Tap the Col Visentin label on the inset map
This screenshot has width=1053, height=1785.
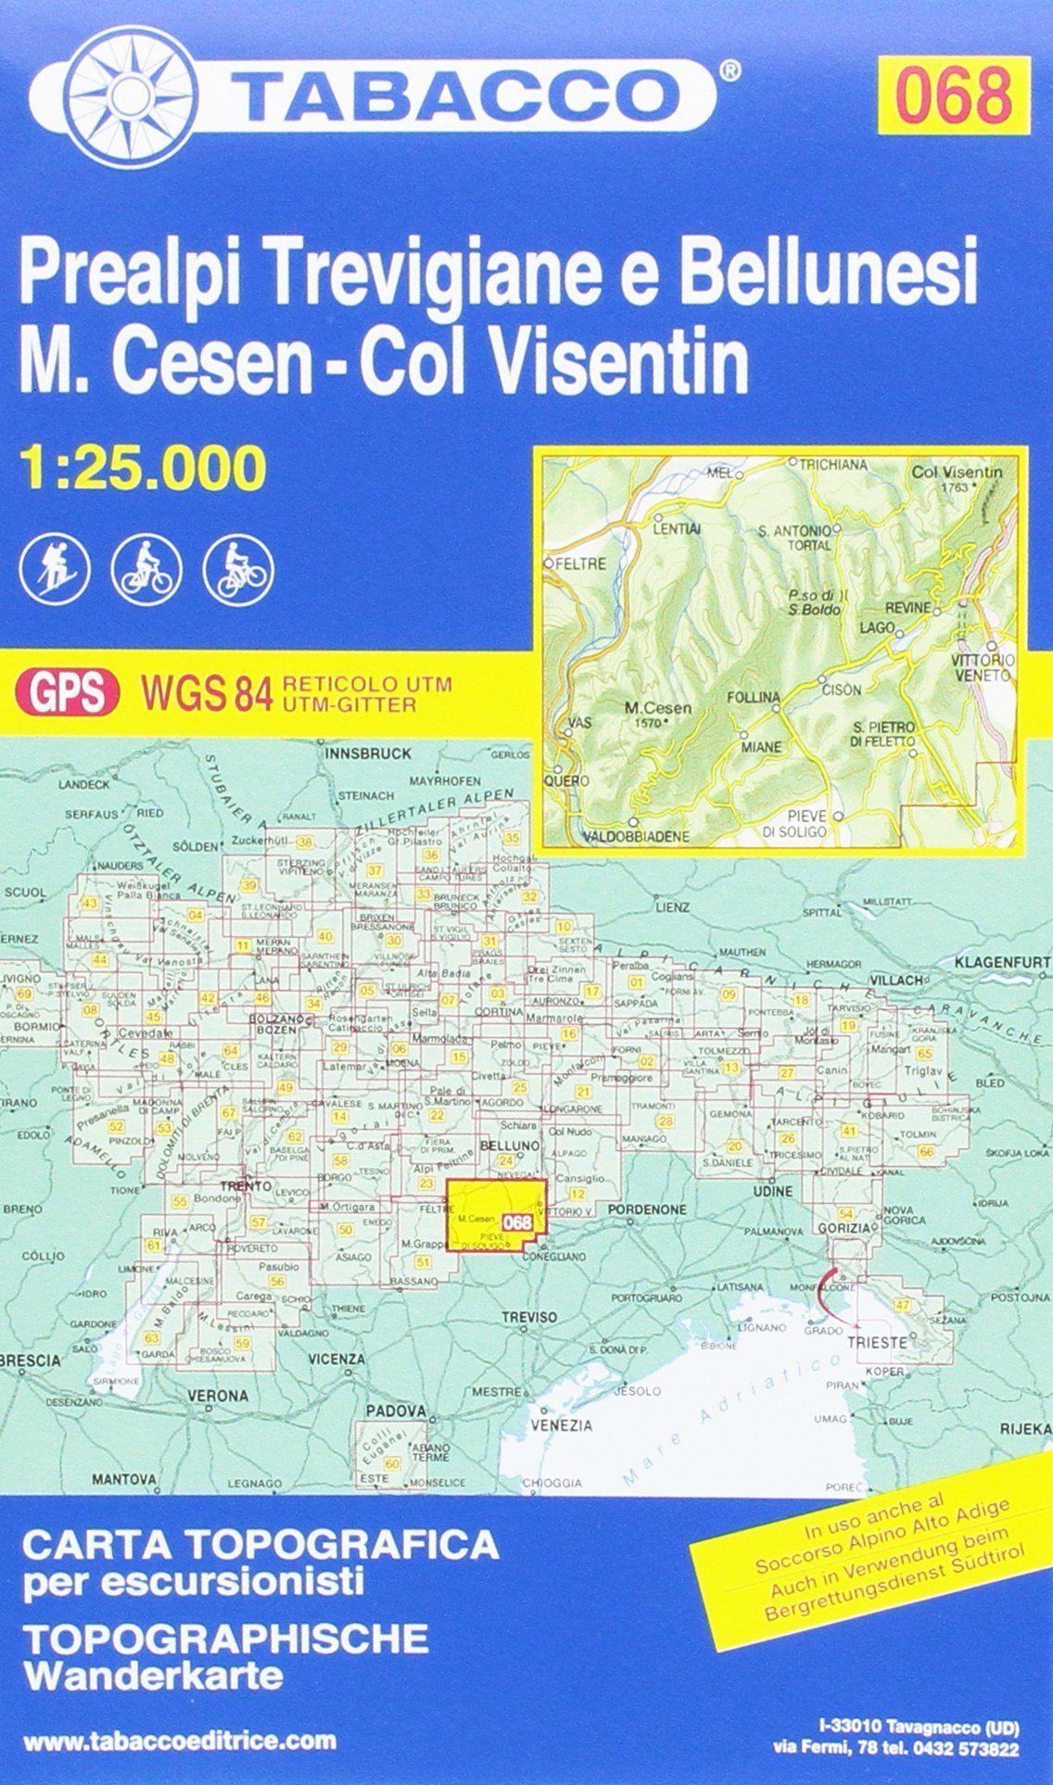click(x=958, y=472)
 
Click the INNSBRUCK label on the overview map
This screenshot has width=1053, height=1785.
click(x=369, y=754)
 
